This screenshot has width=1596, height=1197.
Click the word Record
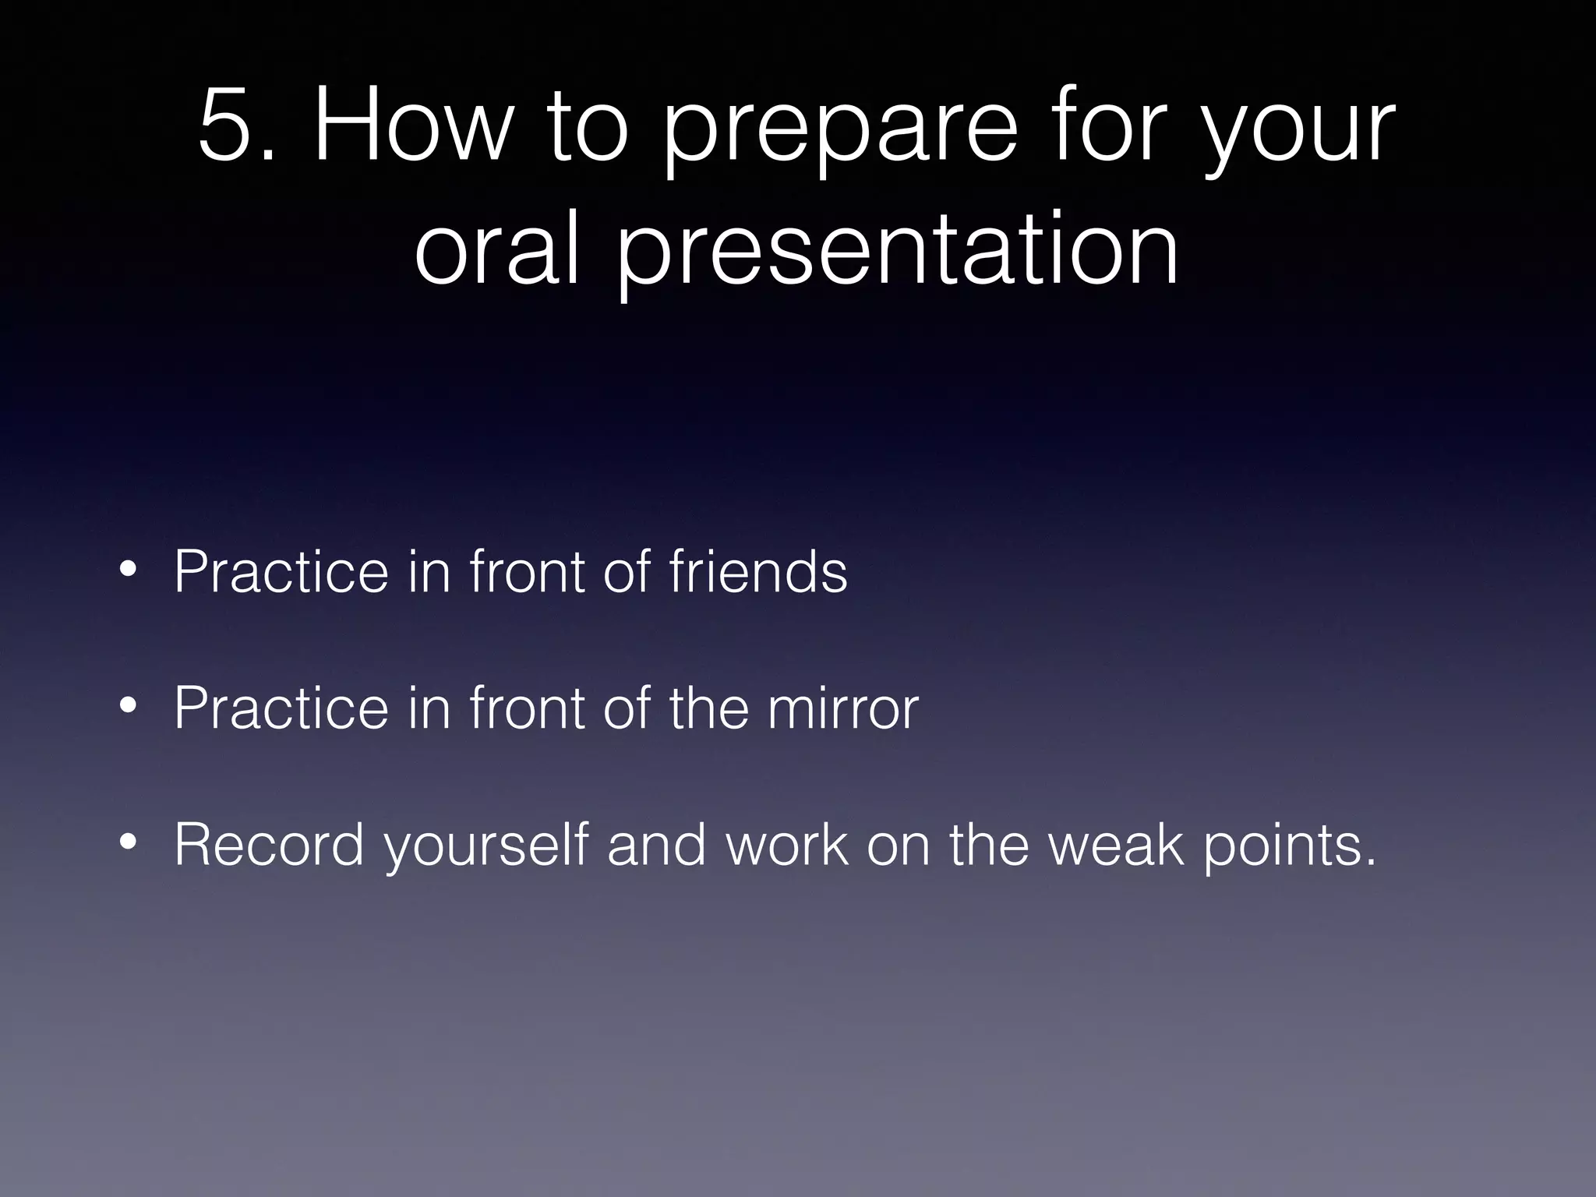pos(270,845)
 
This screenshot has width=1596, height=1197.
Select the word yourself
pos(486,848)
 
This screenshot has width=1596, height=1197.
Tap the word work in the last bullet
pos(786,845)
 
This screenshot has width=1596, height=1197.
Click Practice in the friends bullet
pos(281,572)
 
